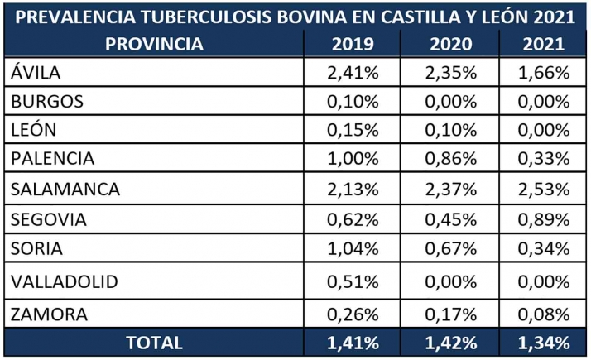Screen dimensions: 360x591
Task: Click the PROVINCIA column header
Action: point(154,45)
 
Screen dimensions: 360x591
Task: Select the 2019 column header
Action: point(353,45)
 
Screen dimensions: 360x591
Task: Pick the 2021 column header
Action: point(544,45)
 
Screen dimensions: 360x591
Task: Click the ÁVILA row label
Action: point(37,73)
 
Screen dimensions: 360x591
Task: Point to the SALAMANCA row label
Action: point(65,189)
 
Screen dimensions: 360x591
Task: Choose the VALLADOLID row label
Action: point(65,281)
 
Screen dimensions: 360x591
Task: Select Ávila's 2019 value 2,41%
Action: point(353,73)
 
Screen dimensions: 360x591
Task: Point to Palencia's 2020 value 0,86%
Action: point(452,159)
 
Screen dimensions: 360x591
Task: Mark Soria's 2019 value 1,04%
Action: point(353,248)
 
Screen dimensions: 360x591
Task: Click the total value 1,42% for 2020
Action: point(452,342)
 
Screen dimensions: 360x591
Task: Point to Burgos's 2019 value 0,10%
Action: point(353,102)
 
